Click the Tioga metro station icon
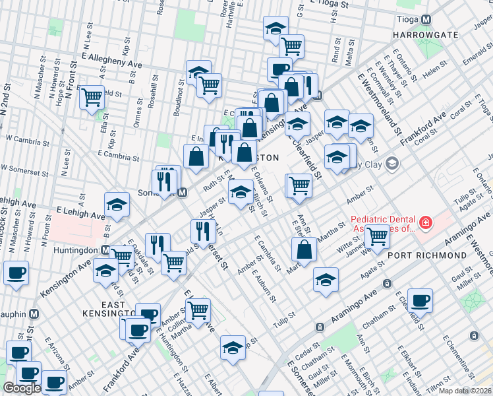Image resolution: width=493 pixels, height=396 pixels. (426, 19)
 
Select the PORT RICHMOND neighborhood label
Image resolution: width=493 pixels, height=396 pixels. (426, 255)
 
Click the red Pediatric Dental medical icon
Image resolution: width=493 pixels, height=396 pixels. (426, 224)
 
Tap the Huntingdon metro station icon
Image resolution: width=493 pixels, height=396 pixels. (105, 250)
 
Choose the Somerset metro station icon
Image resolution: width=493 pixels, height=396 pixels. (183, 193)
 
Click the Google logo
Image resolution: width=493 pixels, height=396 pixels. (22, 388)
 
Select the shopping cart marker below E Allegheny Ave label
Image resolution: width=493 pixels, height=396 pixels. (92, 97)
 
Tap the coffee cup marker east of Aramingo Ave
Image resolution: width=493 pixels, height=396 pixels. (419, 300)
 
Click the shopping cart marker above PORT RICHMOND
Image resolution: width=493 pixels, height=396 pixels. (377, 236)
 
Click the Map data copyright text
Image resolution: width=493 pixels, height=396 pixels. (465, 391)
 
